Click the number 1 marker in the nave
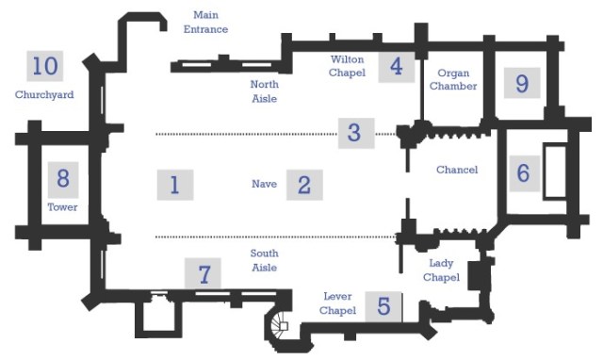coord(174,184)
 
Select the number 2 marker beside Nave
coord(303,184)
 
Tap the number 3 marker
coord(354,132)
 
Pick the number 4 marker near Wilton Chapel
coord(396,67)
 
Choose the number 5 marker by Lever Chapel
coord(383,305)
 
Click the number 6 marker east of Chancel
coord(524,172)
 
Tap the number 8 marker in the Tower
coord(63,176)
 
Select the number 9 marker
coord(521,83)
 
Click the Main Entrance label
coord(205,22)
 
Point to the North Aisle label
coord(264,91)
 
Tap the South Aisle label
coord(264,260)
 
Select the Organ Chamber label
coord(452,79)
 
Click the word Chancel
coord(457,170)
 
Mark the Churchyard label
coord(44,94)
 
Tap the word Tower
coord(62,206)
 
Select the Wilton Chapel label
coord(347,66)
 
